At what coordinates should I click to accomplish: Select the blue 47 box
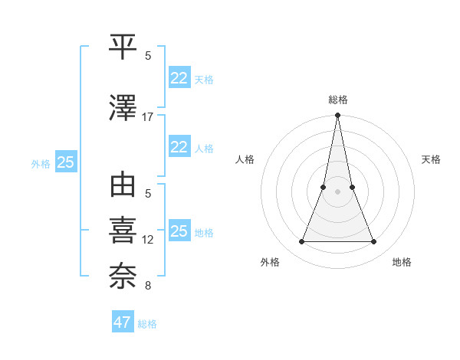point(123,322)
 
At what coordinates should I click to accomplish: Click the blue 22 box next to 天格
point(179,78)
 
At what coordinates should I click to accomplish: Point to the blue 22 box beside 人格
point(179,147)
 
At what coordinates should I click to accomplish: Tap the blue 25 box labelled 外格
point(65,162)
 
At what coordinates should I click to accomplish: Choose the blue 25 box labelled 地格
point(179,231)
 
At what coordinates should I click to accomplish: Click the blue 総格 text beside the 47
point(148,324)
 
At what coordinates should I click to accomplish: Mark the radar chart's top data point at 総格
point(337,116)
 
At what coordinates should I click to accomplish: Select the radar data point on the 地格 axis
point(374,242)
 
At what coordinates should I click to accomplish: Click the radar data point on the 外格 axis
point(301,242)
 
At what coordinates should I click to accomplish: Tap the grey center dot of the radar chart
point(337,191)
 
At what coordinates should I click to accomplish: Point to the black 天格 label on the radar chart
point(432,159)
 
